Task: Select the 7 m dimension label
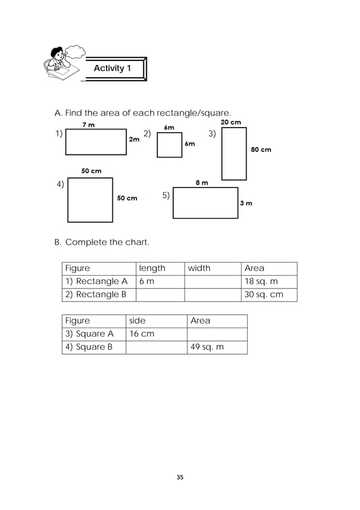[89, 124]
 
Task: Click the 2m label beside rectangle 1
[134, 139]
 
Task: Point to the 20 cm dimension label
[231, 122]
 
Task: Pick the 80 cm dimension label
[261, 150]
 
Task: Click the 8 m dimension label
[201, 182]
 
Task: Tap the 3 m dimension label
[246, 203]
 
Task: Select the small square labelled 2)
[169, 145]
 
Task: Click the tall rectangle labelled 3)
[234, 154]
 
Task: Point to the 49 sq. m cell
[217, 347]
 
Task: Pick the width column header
[199, 268]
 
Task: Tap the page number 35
[180, 478]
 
